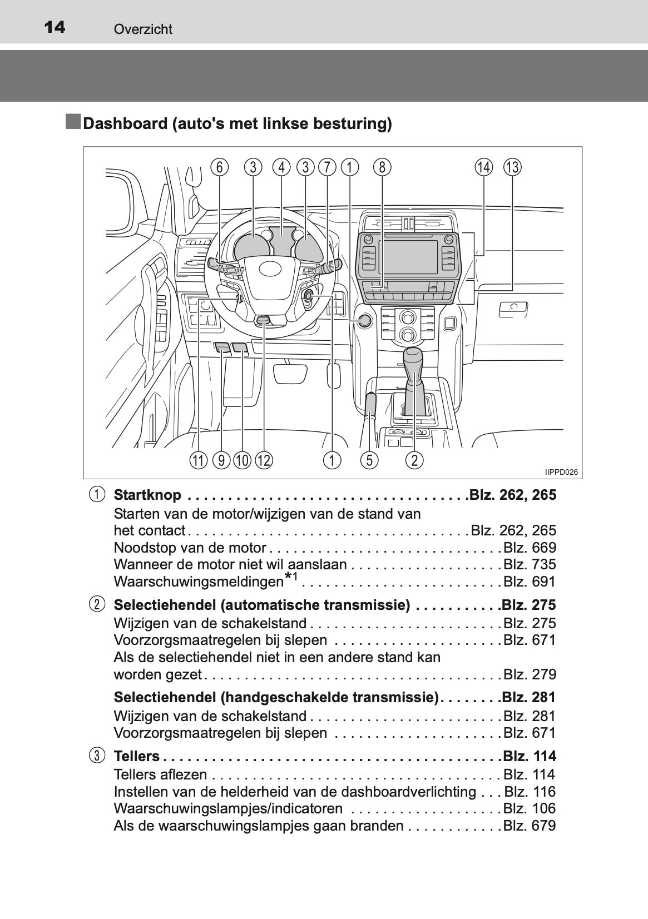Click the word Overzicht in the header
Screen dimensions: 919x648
pos(143,29)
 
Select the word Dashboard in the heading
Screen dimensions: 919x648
pos(125,123)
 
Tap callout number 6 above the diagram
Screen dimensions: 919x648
pos(220,167)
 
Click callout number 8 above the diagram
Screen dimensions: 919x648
pos(382,167)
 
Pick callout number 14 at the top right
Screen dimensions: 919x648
pos(483,167)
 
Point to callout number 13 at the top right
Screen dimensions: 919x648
pos(512,167)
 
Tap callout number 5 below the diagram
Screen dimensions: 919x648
pos(369,460)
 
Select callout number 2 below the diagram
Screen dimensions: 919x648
pos(414,460)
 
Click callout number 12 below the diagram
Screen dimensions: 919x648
pos(264,460)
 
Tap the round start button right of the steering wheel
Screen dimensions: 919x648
pos(364,321)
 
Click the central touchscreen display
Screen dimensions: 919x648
pos(408,257)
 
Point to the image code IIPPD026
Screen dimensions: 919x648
pos(561,472)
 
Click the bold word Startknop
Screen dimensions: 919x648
pos(147,495)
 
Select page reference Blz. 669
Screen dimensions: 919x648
pos(530,548)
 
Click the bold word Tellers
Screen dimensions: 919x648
pos(136,756)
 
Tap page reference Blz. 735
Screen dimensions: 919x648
pos(530,564)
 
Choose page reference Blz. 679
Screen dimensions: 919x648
pos(530,826)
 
